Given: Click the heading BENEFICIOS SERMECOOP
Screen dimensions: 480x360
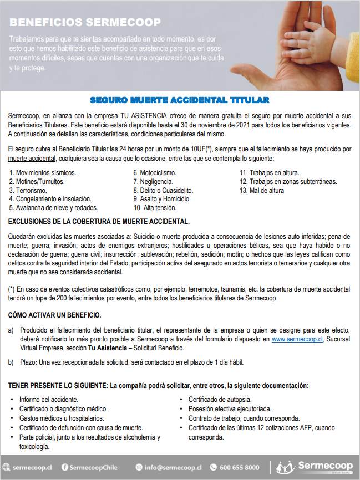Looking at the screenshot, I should click(85, 23).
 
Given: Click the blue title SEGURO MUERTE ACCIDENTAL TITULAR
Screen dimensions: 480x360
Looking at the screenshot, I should click(180, 100).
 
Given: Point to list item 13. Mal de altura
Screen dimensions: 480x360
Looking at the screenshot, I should click(261, 190).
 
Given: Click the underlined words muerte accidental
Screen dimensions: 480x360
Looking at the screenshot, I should click(32, 158).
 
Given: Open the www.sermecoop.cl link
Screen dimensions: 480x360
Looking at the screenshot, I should click(297, 339).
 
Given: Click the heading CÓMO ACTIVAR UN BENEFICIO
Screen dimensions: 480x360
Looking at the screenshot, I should click(54, 315).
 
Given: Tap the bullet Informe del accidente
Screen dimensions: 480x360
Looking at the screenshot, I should click(48, 400).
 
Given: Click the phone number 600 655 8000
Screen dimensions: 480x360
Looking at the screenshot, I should click(239, 467).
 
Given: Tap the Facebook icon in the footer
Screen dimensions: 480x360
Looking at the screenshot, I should click(65, 467).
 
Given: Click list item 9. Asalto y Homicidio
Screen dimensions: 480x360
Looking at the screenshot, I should click(161, 199).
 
